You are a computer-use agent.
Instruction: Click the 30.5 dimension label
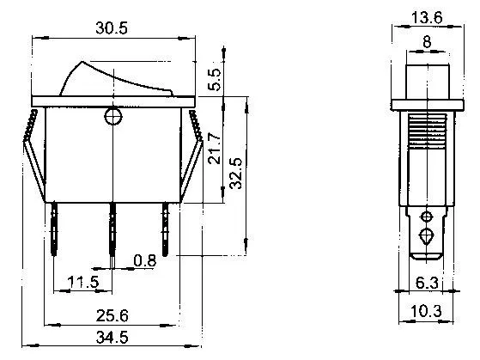112,27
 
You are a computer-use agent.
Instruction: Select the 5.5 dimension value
214,79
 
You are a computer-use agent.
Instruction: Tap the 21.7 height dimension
214,149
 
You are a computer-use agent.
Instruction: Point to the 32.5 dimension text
236,174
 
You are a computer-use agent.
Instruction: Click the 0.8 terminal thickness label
145,260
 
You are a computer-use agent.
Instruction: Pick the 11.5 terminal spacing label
83,282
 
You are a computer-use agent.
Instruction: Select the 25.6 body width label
112,315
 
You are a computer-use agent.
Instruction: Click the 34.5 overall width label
112,338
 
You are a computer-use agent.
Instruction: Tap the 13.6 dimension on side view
427,17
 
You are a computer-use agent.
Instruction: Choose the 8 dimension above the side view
427,41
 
